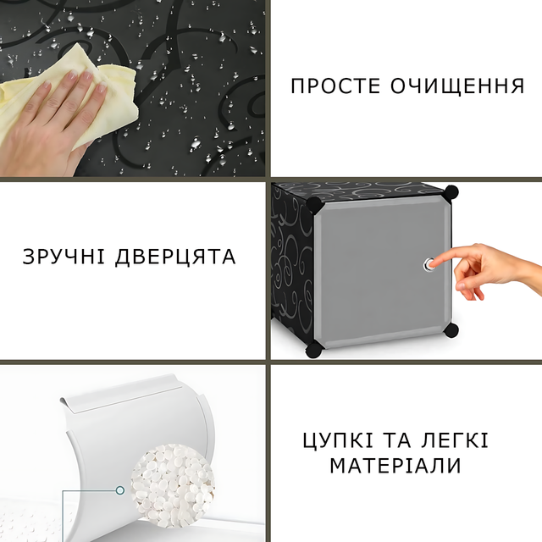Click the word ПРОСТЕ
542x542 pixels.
tap(335, 86)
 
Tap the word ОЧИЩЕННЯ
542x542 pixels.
tap(457, 86)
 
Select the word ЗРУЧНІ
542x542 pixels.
tap(64, 257)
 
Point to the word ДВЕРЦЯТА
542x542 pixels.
tap(175, 257)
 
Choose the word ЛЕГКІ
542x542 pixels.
tap(455, 440)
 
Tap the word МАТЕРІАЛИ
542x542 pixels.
tap(395, 465)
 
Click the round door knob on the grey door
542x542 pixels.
tap(429, 265)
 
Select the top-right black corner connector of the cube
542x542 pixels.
tap(451, 193)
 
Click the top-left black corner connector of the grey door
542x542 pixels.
tap(315, 205)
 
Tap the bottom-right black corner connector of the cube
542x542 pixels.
tap(451, 330)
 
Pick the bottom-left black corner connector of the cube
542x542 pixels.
tap(314, 349)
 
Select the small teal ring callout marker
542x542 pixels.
tap(120, 490)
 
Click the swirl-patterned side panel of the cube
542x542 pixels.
tap(292, 266)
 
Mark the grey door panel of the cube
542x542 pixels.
tap(382, 273)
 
